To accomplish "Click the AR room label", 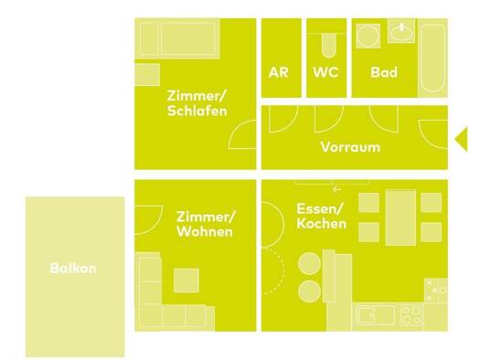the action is pyautogui.click(x=279, y=72).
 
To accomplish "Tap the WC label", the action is pyautogui.click(x=325, y=72).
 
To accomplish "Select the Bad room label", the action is pyautogui.click(x=384, y=72).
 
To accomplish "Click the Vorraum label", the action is pyautogui.click(x=350, y=147).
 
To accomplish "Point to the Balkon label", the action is pyautogui.click(x=73, y=269).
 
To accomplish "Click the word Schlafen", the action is pyautogui.click(x=197, y=111).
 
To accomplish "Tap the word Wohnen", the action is pyautogui.click(x=205, y=231).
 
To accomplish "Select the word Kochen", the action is pyautogui.click(x=322, y=224).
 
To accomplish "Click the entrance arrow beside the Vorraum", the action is pyautogui.click(x=462, y=139).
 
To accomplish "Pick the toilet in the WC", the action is pyautogui.click(x=329, y=46).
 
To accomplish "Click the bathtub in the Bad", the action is pyautogui.click(x=432, y=58).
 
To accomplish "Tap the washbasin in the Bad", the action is pyautogui.click(x=401, y=31).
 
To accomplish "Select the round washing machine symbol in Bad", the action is pyautogui.click(x=368, y=37).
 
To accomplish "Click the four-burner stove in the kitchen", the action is pyautogui.click(x=411, y=315).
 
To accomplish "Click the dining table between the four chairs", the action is pyautogui.click(x=400, y=217).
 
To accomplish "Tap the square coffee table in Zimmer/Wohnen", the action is pyautogui.click(x=187, y=281).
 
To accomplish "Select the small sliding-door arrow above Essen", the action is pyautogui.click(x=336, y=189).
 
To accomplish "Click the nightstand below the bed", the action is pyautogui.click(x=147, y=75).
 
